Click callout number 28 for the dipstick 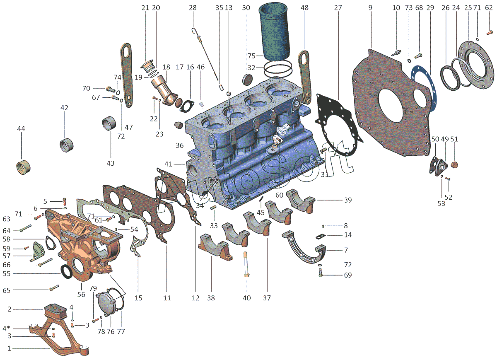193,7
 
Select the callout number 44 21,129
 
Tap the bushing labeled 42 67,145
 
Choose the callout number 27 338,7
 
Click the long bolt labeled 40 246,264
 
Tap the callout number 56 81,294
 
